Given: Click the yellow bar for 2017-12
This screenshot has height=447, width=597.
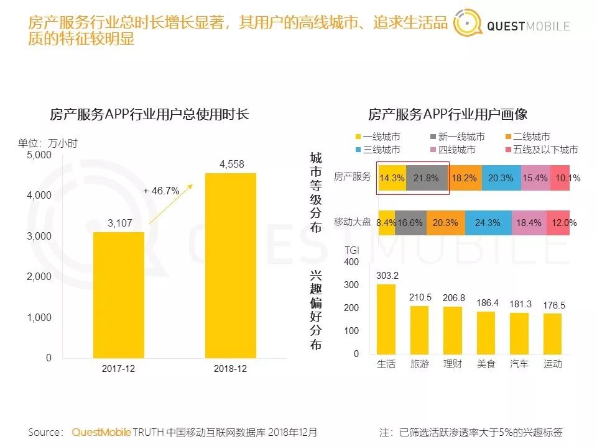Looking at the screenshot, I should pos(119,295).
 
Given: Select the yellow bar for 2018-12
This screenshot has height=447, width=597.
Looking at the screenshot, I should pos(231,265).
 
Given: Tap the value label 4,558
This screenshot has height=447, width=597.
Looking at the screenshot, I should pos(231,165).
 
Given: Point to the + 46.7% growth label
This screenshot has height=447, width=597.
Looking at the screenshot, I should pos(161,191).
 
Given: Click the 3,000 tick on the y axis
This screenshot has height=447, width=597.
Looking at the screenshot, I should pos(39,236).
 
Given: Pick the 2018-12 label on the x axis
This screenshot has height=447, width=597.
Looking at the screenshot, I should pos(230,368).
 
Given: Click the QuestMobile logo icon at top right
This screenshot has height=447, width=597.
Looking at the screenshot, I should pos(466,25).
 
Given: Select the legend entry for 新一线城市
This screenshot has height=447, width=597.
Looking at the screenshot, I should pos(457,137).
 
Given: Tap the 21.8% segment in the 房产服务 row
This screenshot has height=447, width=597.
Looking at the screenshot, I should pos(427,178).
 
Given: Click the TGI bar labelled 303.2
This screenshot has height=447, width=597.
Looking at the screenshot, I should pos(386,319).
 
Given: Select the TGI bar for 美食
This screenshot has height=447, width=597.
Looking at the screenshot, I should pos(486,332).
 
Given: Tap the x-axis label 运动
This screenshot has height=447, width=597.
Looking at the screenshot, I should pos(552,364).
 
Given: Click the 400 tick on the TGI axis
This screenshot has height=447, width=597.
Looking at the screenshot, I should pos(351,263).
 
